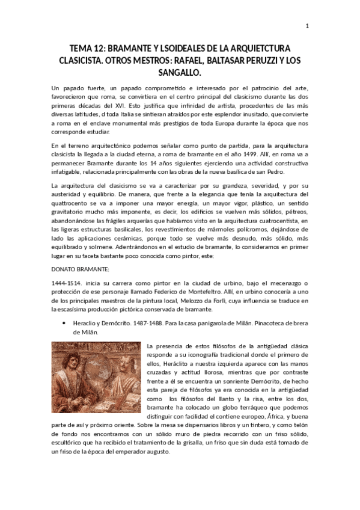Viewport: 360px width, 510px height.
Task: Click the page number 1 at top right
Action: coord(307,26)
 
